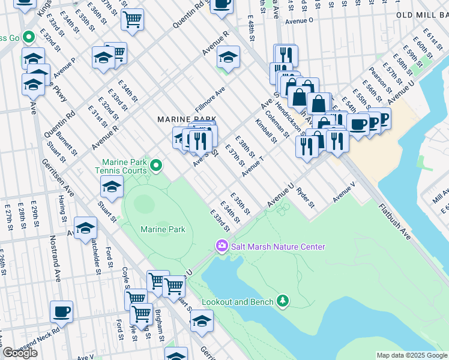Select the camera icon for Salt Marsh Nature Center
[221, 246]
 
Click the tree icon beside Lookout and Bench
[282, 301]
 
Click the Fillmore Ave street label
[209, 100]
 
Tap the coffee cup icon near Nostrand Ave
[61, 311]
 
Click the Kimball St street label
[264, 131]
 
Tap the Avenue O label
[300, 20]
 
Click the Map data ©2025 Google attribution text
[411, 355]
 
